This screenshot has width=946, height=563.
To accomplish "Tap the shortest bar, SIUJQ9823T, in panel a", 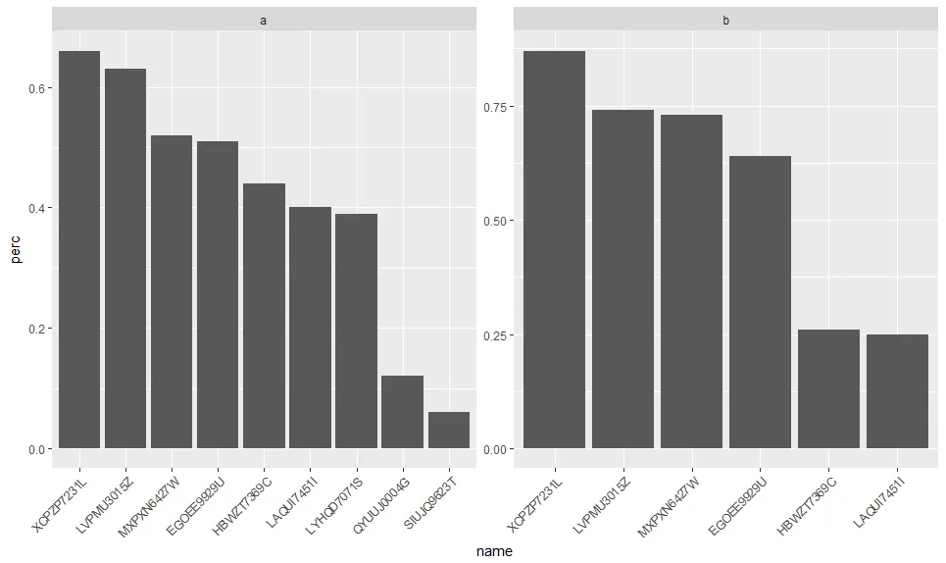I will [x=449, y=431].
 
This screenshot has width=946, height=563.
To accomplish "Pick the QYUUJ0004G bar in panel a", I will [x=402, y=412].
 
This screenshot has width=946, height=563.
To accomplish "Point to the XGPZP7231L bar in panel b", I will [x=554, y=250].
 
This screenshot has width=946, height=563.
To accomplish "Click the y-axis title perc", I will [x=16, y=250].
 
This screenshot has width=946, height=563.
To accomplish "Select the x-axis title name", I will [x=494, y=551].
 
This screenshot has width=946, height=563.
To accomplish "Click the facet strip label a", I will [x=264, y=20].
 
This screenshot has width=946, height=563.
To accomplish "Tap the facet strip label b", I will [x=725, y=20].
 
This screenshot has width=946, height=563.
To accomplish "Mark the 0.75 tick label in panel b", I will [x=495, y=107].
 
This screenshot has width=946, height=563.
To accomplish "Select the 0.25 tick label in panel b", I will [x=495, y=335].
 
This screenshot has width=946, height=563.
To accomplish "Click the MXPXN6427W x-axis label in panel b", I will [x=670, y=508].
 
